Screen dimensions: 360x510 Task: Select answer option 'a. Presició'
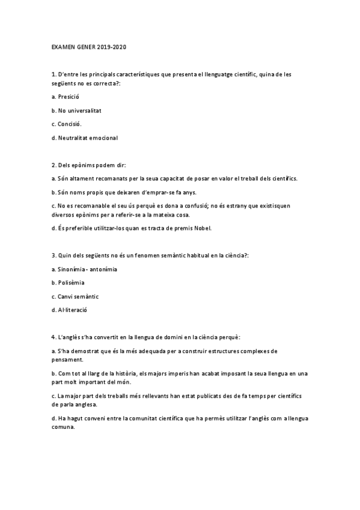[x=66, y=96]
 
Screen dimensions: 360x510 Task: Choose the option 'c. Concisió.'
[x=67, y=124]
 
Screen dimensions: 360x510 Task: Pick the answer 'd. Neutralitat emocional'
[x=85, y=138]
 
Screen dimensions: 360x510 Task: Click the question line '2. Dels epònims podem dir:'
[x=89, y=165]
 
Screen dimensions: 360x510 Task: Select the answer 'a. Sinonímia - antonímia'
[x=84, y=269]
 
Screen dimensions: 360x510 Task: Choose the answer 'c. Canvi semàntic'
[x=75, y=296]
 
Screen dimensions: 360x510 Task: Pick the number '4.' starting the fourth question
[x=54, y=337]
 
